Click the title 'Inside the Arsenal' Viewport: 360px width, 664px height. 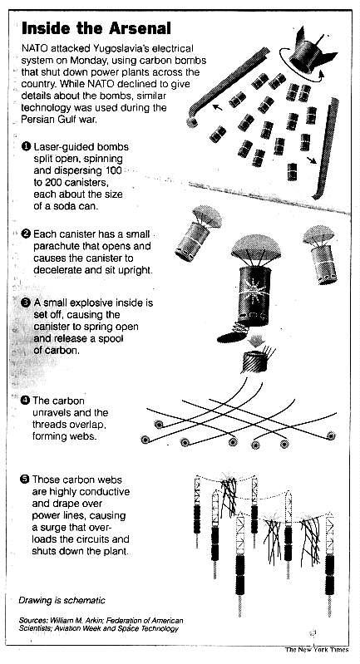(x=96, y=28)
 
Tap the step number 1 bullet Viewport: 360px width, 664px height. (x=26, y=146)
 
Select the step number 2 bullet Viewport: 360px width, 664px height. (x=26, y=234)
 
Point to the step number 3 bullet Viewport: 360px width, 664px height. (x=26, y=302)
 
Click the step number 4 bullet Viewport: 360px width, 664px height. (x=25, y=401)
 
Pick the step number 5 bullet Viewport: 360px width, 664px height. (x=25, y=480)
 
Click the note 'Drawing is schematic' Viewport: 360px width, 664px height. (x=62, y=601)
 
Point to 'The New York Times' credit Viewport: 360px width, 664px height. (x=317, y=649)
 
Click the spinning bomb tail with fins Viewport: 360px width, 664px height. (x=310, y=52)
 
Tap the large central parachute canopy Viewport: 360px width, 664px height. (x=256, y=248)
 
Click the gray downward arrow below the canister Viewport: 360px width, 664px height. (x=255, y=341)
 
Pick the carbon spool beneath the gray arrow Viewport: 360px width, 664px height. (x=255, y=361)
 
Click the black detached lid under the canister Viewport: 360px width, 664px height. (x=231, y=337)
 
